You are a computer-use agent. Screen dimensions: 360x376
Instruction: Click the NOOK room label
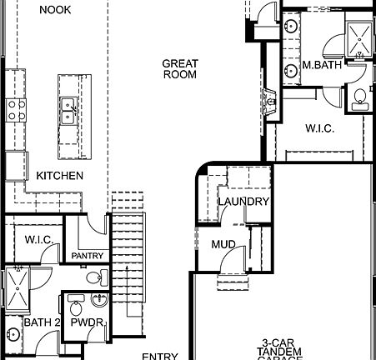point(55,9)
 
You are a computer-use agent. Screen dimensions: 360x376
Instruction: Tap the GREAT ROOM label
point(179,68)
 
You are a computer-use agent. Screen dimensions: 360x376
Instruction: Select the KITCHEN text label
point(59,176)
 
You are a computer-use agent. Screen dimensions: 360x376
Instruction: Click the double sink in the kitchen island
point(68,111)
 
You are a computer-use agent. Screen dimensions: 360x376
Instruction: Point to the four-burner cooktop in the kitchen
point(16,109)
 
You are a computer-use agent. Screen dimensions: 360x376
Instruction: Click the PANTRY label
point(86,256)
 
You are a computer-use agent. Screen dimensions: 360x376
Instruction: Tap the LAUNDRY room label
point(243,202)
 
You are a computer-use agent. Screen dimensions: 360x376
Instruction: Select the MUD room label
point(223,245)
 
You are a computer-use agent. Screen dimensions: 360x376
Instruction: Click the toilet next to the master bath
point(359,97)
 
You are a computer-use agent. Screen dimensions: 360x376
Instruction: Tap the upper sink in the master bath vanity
point(291,27)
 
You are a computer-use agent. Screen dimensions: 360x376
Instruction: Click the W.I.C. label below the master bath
point(319,128)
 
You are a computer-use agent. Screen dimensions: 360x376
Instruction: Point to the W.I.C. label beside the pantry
point(39,240)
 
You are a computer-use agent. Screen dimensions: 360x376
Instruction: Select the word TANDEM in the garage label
point(279,352)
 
